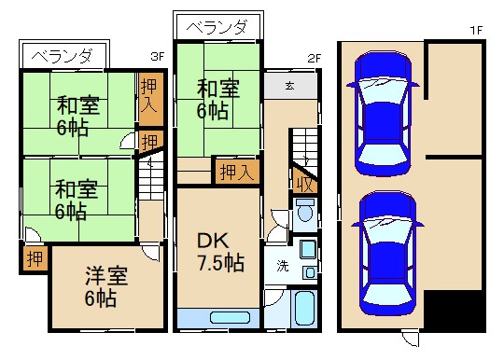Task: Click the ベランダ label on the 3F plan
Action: pos(62,55)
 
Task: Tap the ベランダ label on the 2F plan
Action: pos(216,27)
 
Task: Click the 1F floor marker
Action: pos(476,30)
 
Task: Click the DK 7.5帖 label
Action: pos(219,251)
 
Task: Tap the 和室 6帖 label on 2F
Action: pos(218,99)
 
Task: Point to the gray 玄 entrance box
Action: pos(289,86)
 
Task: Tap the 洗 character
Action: pos(281,265)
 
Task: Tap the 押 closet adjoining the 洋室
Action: pos(33,257)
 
